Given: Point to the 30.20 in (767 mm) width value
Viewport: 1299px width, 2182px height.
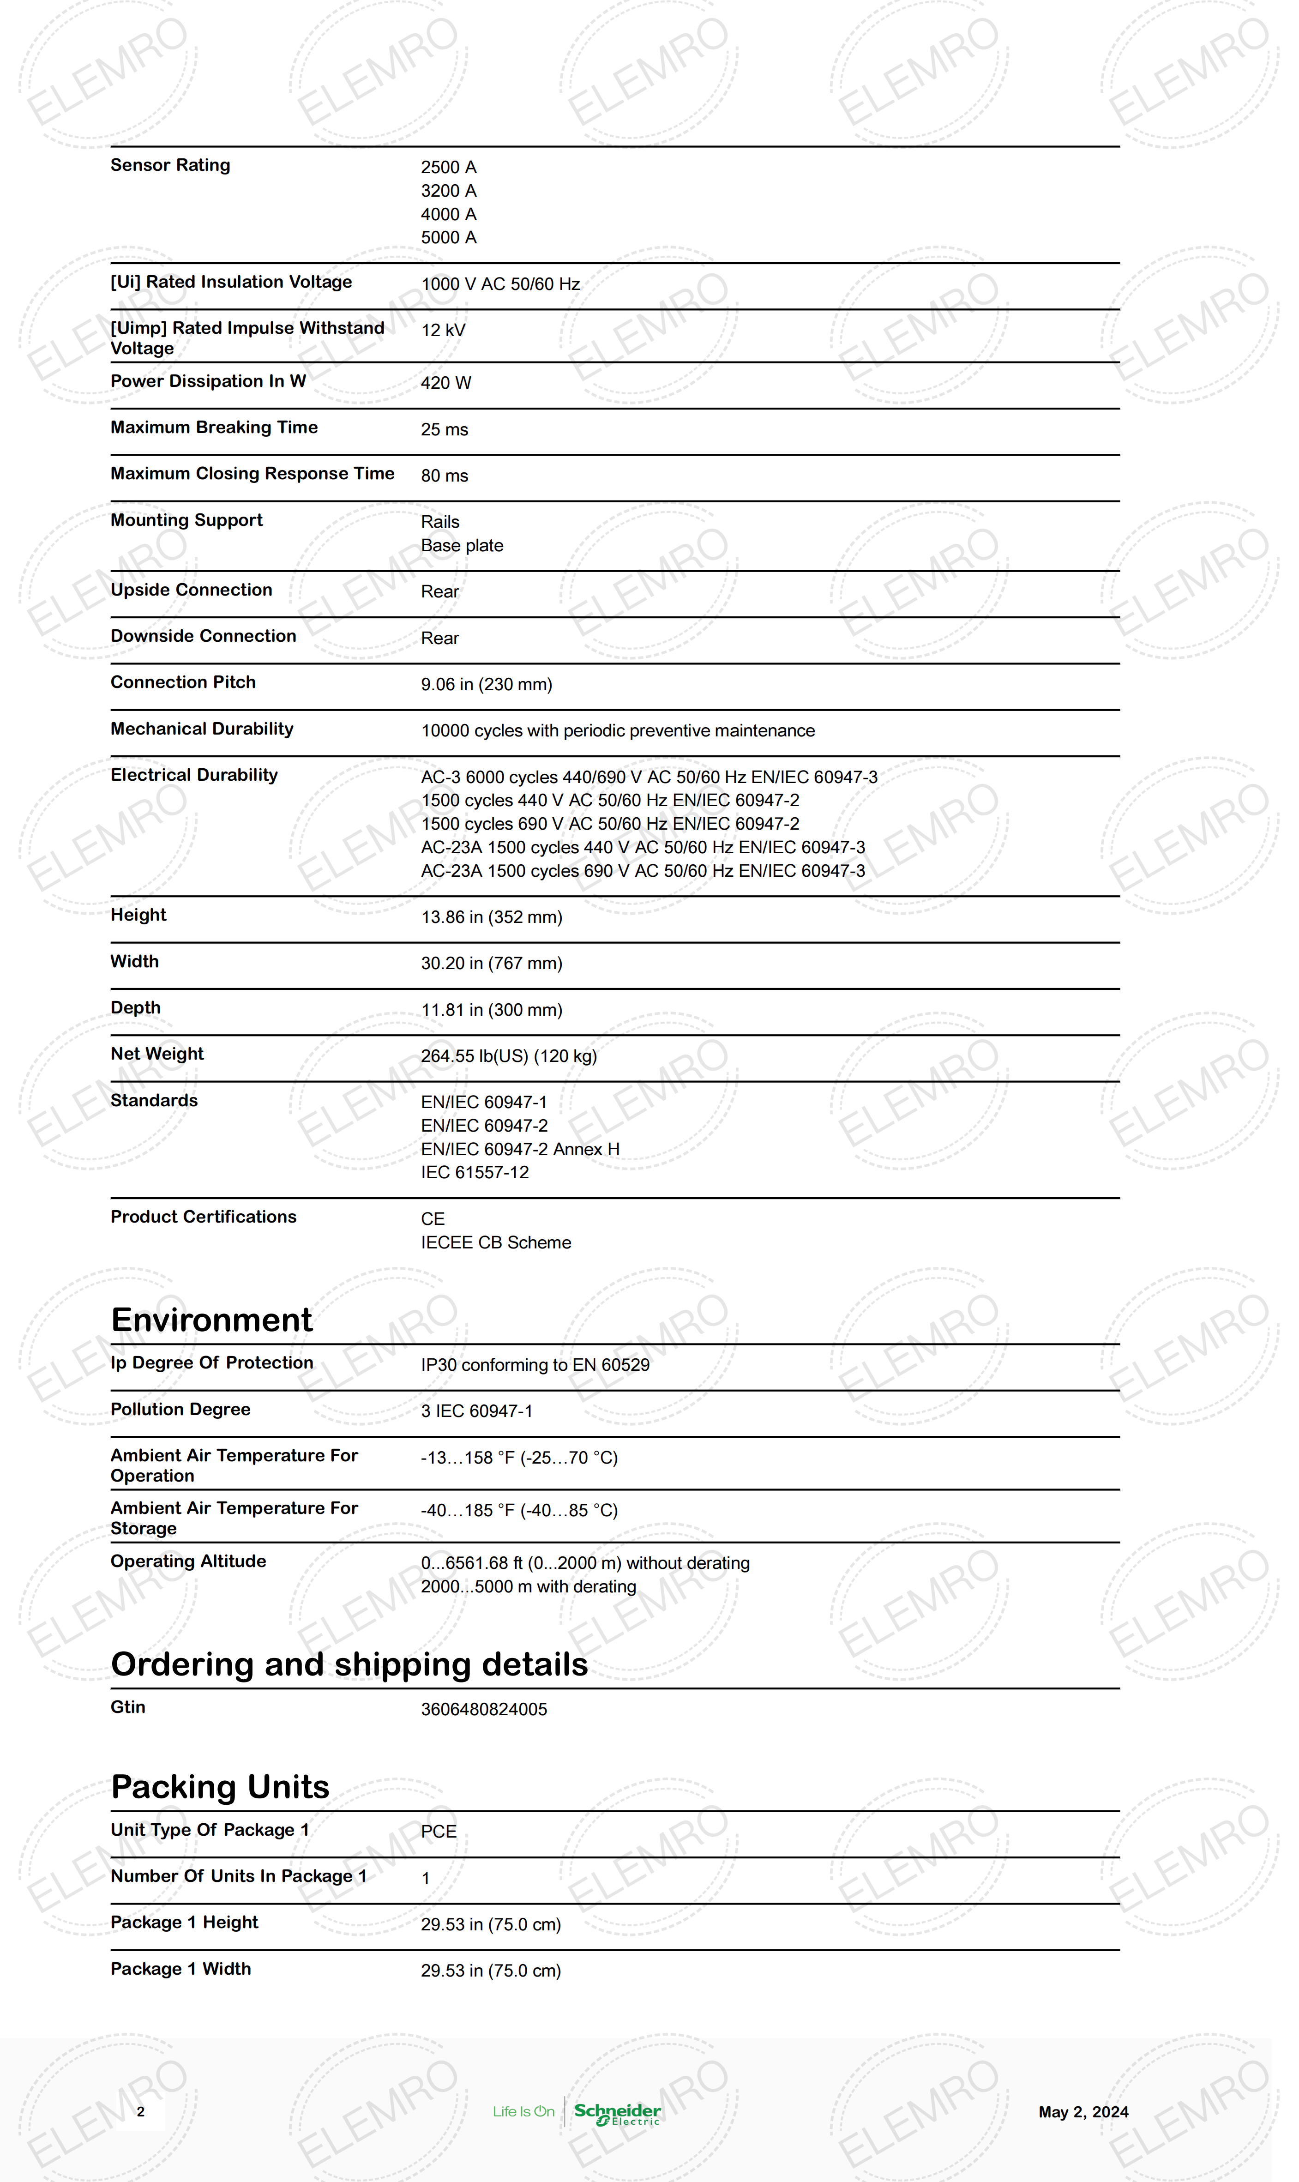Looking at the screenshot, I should [491, 964].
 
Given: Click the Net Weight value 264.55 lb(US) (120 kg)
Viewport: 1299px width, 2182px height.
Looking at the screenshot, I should [509, 1056].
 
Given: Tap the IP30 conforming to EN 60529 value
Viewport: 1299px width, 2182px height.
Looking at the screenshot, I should [535, 1365].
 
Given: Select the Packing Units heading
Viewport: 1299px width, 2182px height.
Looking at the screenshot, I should [220, 1786].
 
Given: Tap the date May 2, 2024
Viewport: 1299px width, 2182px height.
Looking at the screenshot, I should [1083, 2112].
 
